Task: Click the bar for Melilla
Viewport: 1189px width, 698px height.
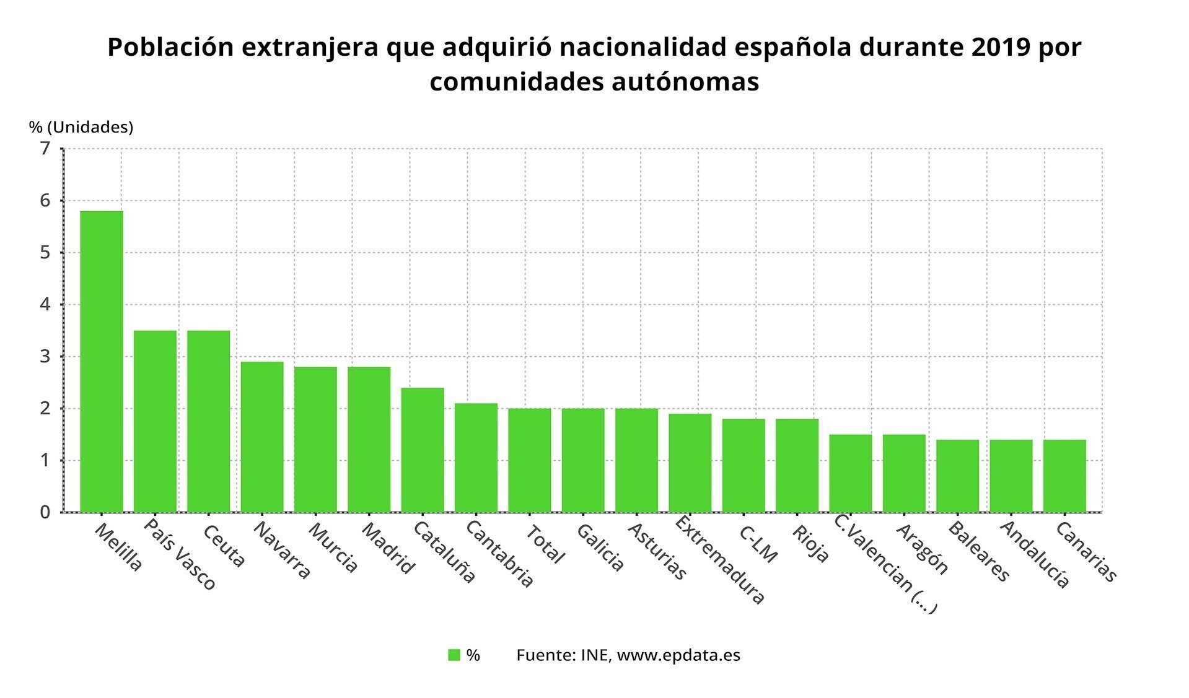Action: click(102, 362)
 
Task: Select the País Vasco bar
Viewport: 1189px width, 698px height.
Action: click(155, 421)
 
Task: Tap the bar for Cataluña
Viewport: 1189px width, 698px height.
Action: click(423, 450)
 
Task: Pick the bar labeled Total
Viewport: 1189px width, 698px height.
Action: click(529, 460)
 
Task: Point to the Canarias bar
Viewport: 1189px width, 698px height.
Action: click(1064, 476)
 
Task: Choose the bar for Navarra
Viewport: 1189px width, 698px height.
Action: click(262, 437)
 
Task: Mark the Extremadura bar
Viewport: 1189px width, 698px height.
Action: click(690, 463)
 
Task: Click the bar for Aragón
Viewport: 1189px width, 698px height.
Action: click(904, 473)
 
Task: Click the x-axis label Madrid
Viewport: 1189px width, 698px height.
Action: click(388, 549)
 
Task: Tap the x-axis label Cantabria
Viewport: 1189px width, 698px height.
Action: click(499, 554)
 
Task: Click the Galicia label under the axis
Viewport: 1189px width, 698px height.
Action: click(600, 547)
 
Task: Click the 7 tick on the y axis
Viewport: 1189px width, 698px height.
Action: click(45, 149)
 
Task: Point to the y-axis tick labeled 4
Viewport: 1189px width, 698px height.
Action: click(45, 305)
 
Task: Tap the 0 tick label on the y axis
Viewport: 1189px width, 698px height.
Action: click(45, 512)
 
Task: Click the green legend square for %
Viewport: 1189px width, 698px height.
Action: click(454, 655)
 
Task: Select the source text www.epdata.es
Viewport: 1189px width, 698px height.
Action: click(678, 655)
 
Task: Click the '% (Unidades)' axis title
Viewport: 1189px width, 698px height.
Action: click(81, 127)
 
